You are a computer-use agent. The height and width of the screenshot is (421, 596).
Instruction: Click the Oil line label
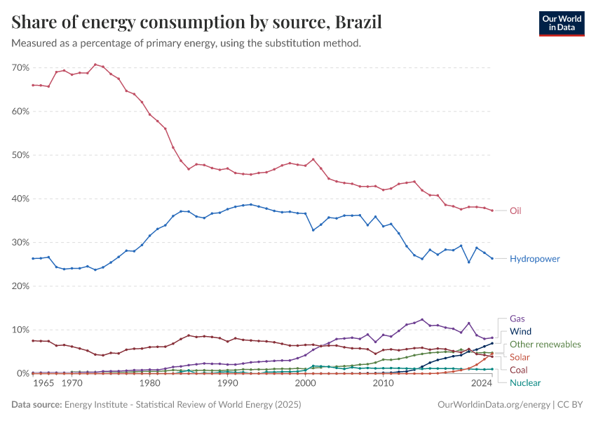(x=515, y=210)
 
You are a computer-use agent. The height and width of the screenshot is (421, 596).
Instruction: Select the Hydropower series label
(x=535, y=259)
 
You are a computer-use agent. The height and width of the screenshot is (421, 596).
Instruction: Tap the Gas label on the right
(x=517, y=318)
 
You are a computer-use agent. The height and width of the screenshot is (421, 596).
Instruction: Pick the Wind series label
(x=520, y=331)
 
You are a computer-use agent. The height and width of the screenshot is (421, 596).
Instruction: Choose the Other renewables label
(x=546, y=344)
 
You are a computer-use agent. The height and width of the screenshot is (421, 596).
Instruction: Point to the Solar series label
(x=520, y=357)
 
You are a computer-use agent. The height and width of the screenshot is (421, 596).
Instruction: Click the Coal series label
(x=519, y=370)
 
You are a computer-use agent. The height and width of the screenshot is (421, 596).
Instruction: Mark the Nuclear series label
(x=525, y=382)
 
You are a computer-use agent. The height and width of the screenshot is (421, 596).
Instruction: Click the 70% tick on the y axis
(x=20, y=67)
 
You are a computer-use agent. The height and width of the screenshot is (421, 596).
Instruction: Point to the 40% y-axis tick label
(x=20, y=199)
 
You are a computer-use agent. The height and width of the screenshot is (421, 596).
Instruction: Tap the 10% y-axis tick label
(x=20, y=330)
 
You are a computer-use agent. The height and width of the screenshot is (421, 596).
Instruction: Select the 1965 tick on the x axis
(x=43, y=384)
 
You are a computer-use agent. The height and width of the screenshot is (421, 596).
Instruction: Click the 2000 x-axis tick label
(x=305, y=384)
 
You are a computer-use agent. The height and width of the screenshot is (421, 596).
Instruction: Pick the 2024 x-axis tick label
(x=482, y=384)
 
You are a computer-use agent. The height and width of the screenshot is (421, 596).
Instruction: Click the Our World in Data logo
(x=562, y=23)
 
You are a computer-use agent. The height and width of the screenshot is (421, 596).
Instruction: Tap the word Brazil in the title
(x=358, y=22)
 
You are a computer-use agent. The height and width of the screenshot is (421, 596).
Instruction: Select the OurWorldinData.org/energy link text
(x=493, y=405)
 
